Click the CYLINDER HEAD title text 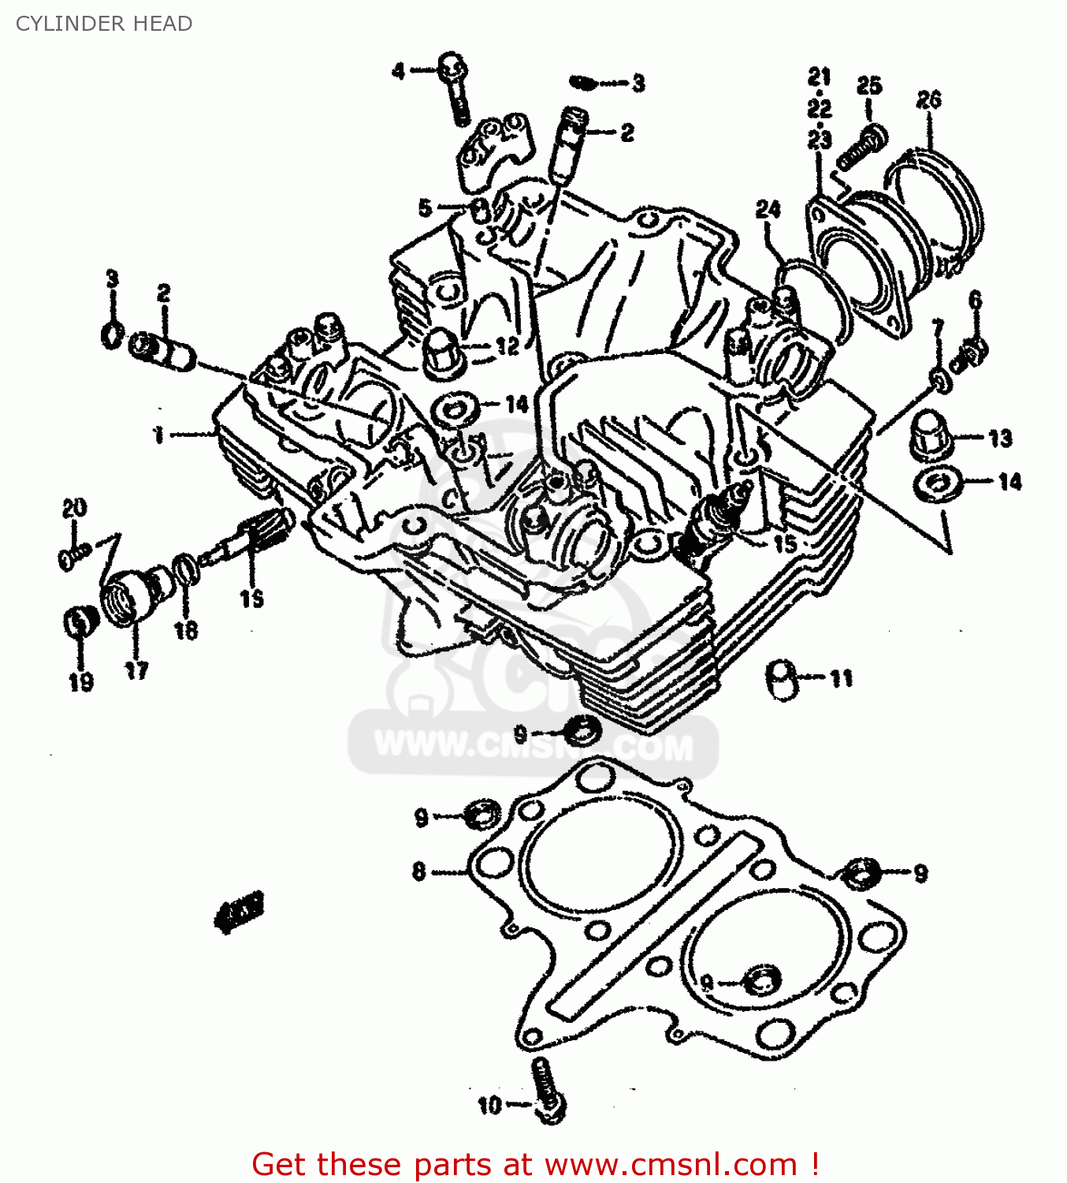pos(103,24)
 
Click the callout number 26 pos(929,100)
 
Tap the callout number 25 pos(868,85)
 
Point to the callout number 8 pos(419,871)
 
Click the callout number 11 pos(841,678)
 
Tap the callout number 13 pos(1000,438)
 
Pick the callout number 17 pos(136,670)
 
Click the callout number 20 pos(74,508)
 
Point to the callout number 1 pos(158,434)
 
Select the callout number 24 pos(768,209)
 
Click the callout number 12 pos(507,345)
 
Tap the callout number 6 pos(975,300)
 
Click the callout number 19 pos(81,681)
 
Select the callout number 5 pos(425,208)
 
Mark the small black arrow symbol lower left pos(240,912)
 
